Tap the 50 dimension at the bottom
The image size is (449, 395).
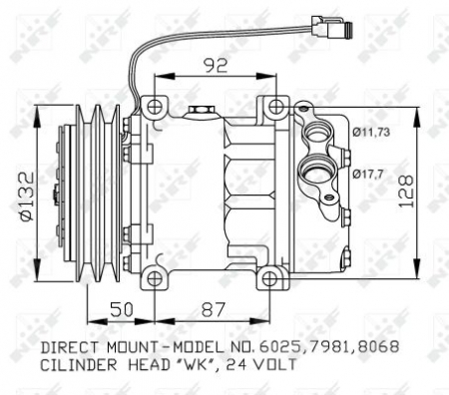click(120, 310)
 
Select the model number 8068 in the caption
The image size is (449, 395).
click(379, 349)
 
